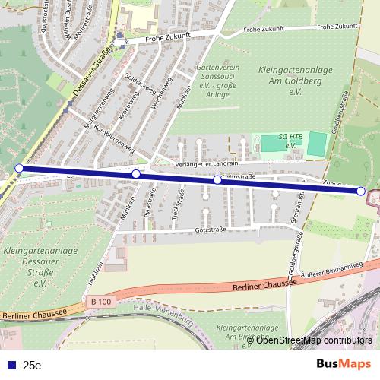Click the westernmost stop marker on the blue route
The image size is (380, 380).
pos(19,168)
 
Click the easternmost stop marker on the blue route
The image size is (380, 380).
pos(361,191)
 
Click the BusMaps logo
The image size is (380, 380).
pos(344,364)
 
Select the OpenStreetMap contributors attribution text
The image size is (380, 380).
pos(314,340)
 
